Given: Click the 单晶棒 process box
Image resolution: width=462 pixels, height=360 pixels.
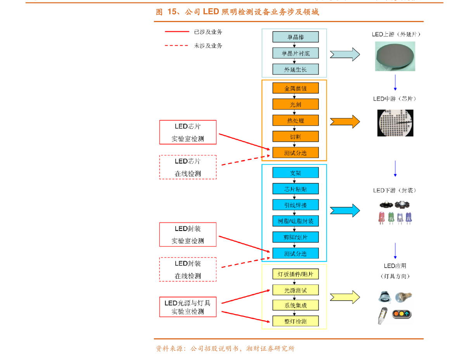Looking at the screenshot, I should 296,37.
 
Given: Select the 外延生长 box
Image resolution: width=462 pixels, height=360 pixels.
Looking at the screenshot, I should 296,69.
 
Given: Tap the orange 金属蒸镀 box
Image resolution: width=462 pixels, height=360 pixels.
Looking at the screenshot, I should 296,88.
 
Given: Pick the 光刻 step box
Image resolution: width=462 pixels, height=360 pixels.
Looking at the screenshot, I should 296,104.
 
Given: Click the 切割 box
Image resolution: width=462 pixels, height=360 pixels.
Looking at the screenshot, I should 296,137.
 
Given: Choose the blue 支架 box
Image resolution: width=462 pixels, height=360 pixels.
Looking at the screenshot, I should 296,173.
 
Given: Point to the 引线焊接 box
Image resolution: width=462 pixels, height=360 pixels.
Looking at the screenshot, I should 296,205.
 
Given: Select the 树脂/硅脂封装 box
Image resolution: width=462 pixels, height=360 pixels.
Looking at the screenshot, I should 296,221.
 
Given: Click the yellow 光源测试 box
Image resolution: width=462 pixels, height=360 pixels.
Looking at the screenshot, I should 296,290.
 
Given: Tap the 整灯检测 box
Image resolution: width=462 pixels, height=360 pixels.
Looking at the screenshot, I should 296,321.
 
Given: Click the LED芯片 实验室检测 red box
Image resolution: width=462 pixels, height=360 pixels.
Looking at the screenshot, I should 188,132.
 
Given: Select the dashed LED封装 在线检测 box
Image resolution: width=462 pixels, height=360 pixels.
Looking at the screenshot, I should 188,269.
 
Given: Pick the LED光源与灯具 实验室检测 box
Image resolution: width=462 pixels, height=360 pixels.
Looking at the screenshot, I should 188,307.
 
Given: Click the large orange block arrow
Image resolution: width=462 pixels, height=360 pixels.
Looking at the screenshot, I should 345,121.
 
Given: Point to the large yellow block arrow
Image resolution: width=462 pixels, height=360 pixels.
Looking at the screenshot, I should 345,297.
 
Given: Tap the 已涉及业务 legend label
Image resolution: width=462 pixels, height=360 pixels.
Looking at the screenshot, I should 208,32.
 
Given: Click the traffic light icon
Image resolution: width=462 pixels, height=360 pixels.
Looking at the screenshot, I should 401,313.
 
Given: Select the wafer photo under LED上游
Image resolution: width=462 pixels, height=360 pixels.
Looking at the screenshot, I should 395,56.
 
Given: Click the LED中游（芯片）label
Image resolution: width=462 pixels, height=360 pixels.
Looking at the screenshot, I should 395,99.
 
